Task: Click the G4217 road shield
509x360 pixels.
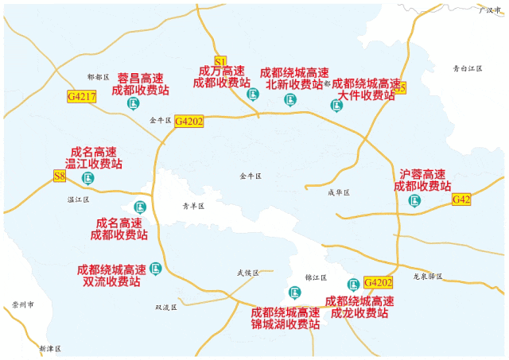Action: tap(82, 97)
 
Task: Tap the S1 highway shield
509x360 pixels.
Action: tap(221, 60)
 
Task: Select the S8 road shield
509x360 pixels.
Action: tap(59, 176)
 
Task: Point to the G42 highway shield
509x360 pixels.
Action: tap(461, 199)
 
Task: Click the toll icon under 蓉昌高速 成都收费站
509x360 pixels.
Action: tap(140, 105)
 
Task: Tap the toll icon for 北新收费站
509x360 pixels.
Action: tap(290, 99)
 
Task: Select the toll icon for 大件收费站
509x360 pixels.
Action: tap(336, 105)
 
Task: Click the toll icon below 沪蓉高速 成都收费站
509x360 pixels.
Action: tap(414, 200)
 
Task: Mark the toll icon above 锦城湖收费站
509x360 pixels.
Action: tap(294, 292)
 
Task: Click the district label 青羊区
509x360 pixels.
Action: tap(193, 206)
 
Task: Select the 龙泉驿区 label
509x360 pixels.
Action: tap(428, 277)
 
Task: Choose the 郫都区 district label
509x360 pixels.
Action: tap(97, 77)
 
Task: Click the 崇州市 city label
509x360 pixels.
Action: tap(24, 305)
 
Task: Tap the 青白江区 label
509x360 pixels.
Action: tap(468, 69)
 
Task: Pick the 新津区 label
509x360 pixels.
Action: tap(49, 349)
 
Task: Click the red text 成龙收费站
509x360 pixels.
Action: tap(359, 313)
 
